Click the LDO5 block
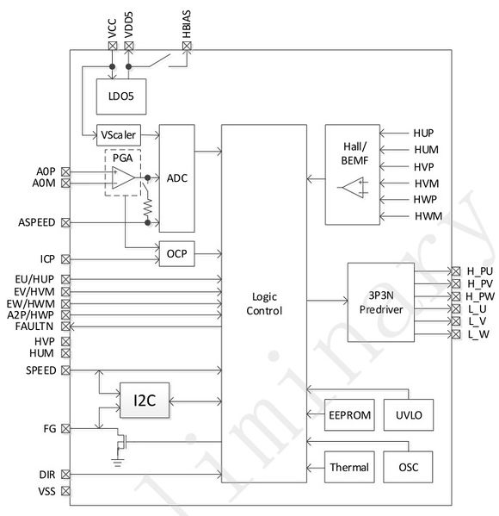click(121, 96)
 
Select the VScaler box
click(119, 135)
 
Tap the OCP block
click(177, 254)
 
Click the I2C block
click(145, 401)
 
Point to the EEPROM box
click(349, 415)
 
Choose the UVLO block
click(409, 415)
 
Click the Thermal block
click(349, 467)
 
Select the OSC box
click(408, 467)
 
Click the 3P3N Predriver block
click(381, 302)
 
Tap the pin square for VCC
click(113, 46)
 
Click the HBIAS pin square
click(187, 46)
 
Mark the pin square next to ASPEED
click(65, 223)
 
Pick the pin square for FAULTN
click(65, 326)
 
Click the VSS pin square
click(65, 491)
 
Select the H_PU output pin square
click(456, 271)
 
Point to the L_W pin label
click(478, 335)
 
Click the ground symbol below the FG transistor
click(117, 463)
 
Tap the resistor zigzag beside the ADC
click(148, 207)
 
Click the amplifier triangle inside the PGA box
click(123, 177)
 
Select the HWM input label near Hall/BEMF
click(428, 216)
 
